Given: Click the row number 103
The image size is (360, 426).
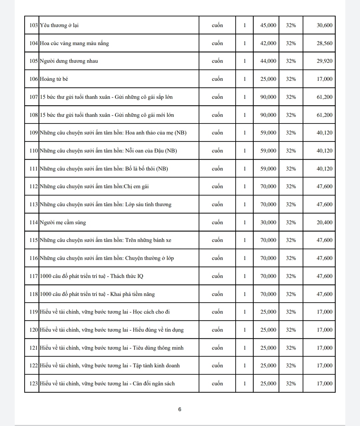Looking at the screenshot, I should tap(34, 25).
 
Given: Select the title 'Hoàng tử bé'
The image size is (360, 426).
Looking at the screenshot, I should tap(54, 79).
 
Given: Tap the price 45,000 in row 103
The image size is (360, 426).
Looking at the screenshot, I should tap(268, 25).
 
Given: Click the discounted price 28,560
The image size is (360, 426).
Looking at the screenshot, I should tap(324, 43).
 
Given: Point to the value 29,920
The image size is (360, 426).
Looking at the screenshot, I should tap(324, 61).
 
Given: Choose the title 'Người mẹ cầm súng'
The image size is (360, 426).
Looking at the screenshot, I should tap(63, 223).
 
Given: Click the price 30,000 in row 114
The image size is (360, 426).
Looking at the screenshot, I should tap(268, 223).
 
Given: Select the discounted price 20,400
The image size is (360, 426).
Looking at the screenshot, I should tap(324, 223).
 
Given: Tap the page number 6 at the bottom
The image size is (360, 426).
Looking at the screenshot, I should tap(180, 409).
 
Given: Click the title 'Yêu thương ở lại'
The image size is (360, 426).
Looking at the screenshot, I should tap(59, 25).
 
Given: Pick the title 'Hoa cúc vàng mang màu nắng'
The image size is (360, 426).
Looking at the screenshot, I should tap(74, 43).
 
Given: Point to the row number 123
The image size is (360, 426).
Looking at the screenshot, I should tap(34, 384).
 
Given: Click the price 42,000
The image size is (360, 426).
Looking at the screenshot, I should tap(268, 43).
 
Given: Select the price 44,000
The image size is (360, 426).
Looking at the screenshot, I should tap(268, 61).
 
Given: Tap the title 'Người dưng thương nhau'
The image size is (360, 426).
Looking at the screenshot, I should tap(69, 61).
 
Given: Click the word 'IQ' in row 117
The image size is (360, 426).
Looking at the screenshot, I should tap(140, 276).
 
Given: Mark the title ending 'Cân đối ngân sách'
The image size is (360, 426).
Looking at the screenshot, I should tap(107, 384).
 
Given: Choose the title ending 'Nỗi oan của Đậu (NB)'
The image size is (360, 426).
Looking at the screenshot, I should tap(108, 151).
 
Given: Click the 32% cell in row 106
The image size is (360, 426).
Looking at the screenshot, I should tap(291, 79).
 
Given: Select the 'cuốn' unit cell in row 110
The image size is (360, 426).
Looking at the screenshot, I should tap(217, 151).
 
